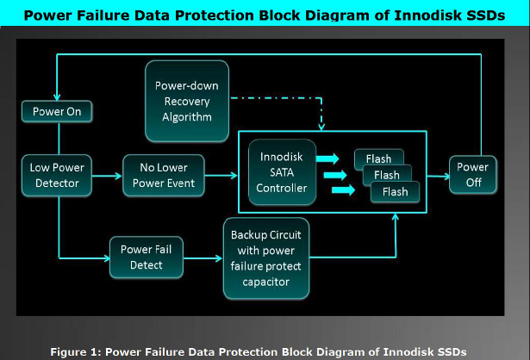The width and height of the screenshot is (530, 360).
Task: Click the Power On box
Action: [x=57, y=111]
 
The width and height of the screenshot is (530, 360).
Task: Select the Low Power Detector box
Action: [x=57, y=176]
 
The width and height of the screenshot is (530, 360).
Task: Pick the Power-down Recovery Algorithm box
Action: [x=186, y=101]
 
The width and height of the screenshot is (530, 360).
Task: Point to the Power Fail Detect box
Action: [x=147, y=257]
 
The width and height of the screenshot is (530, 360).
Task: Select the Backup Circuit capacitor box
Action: [x=265, y=257]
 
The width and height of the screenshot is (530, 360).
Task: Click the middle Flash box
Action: [x=385, y=175]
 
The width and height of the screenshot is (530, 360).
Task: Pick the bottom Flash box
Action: [x=395, y=191]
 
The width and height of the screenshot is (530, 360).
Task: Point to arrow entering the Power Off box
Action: [x=439, y=177]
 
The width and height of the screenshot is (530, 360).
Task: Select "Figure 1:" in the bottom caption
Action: [x=73, y=351]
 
